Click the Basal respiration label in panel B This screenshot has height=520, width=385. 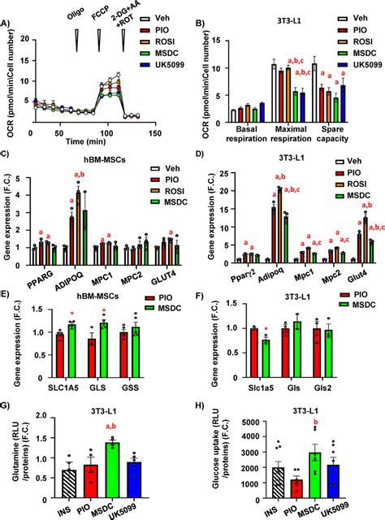(245, 133)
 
